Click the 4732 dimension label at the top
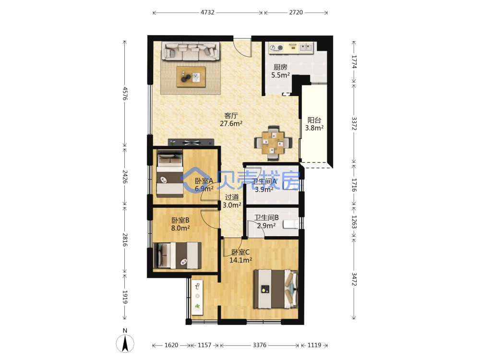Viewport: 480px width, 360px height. click(x=207, y=12)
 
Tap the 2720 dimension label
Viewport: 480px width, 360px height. click(x=296, y=12)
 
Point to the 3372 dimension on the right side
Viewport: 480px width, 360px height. click(x=354, y=123)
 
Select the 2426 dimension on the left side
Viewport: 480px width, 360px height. click(x=125, y=177)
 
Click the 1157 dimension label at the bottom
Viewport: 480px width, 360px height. click(x=204, y=345)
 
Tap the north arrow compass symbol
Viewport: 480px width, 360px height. click(x=125, y=343)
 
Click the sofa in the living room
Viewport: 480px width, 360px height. click(x=191, y=51)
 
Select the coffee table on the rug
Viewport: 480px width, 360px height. click(x=191, y=77)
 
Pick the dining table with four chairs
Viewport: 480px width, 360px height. click(x=273, y=143)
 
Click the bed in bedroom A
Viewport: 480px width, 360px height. click(x=170, y=175)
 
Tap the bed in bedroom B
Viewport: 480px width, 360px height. click(x=177, y=256)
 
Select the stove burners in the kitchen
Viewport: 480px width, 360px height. click(x=277, y=48)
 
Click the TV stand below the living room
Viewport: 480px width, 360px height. click(x=191, y=143)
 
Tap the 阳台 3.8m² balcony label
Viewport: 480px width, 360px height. click(x=314, y=124)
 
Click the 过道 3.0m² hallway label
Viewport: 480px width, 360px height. click(x=232, y=201)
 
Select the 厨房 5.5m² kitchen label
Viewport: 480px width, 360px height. click(x=280, y=71)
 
